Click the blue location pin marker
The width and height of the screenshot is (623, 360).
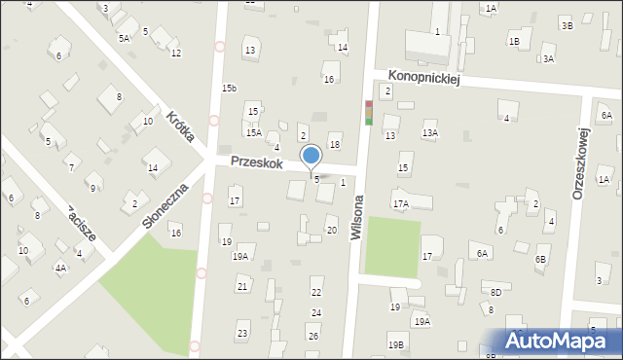311,157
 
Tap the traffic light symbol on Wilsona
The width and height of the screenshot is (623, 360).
368,114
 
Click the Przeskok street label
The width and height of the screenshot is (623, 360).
257,163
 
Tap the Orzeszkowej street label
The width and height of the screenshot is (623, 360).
581,164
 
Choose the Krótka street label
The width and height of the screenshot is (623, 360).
180,126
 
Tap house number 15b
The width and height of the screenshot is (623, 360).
229,89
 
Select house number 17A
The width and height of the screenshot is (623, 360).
400,204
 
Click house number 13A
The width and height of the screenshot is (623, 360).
429,132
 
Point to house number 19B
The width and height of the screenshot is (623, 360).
395,344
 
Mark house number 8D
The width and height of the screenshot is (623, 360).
495,292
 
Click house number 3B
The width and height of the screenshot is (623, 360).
567,26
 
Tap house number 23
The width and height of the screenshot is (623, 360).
242,334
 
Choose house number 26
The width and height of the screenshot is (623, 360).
312,336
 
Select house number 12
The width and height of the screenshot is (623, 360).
175,53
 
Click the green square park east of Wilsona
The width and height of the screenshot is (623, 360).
391,246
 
